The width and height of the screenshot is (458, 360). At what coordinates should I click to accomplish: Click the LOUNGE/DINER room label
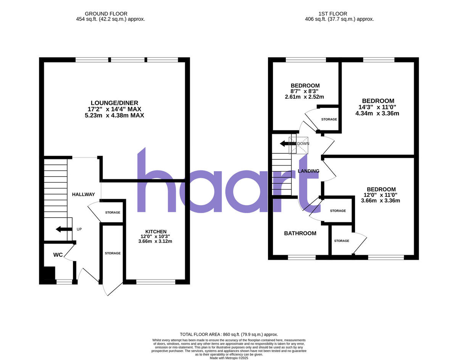114,103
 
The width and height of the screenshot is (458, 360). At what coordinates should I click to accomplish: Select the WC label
58,254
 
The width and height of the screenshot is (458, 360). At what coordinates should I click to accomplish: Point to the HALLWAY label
83,194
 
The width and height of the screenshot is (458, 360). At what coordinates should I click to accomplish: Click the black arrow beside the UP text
63,229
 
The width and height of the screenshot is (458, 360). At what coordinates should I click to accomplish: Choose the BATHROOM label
300,233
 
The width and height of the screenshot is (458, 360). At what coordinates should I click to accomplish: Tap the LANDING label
308,171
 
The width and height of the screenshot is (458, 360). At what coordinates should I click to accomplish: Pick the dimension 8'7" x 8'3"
305,91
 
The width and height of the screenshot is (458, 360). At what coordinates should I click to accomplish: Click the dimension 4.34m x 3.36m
377,113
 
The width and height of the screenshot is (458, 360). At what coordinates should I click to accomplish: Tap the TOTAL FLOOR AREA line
229,334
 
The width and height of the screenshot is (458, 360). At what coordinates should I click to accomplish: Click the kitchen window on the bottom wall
156,282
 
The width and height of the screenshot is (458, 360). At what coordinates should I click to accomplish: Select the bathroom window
302,257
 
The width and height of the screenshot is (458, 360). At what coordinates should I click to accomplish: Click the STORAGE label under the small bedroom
329,119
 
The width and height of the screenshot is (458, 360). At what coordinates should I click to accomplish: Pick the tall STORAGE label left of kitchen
113,253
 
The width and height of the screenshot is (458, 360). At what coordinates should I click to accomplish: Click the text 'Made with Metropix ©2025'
229,358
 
